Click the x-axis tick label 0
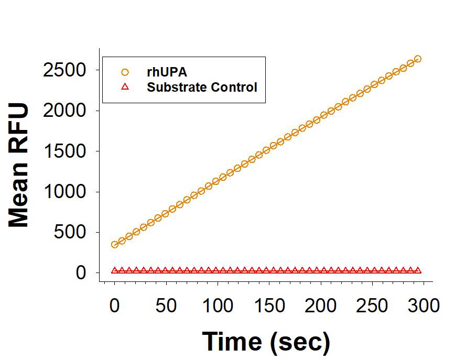tap(115, 306)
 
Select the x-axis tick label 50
tap(166, 306)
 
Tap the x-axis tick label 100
tap(218, 306)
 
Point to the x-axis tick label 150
tap(269, 306)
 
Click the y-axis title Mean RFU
tap(19, 166)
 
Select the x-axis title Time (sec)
tap(266, 341)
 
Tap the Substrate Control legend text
tap(202, 87)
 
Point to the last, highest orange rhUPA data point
tap(417, 59)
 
